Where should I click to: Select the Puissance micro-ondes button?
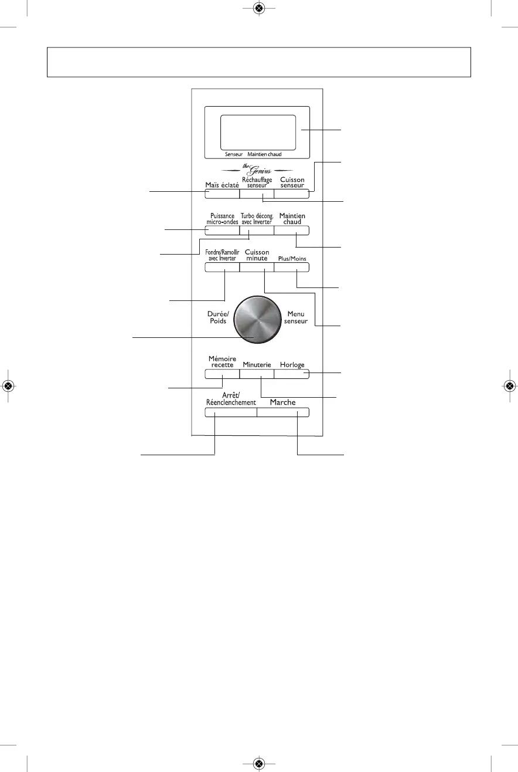click(x=222, y=230)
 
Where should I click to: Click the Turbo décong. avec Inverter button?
click(x=257, y=230)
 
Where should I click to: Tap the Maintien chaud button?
click(x=291, y=230)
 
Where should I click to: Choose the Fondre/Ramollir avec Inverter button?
click(x=222, y=268)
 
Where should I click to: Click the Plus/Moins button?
click(x=291, y=268)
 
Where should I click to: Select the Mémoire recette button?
click(x=222, y=374)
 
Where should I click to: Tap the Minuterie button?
click(x=257, y=374)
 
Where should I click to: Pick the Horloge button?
click(x=291, y=374)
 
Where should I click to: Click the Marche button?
click(x=282, y=412)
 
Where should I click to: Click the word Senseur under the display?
click(x=234, y=155)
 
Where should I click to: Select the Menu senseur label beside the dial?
click(x=296, y=317)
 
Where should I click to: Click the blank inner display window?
click(x=257, y=132)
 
